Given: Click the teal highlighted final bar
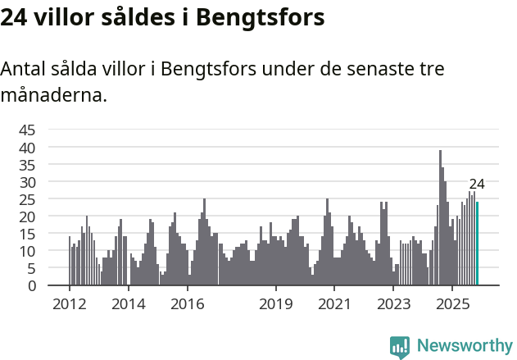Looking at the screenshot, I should pyautogui.click(x=477, y=244).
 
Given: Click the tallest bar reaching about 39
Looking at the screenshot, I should pyautogui.click(x=440, y=218).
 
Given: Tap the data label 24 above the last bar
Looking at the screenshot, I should pyautogui.click(x=477, y=184).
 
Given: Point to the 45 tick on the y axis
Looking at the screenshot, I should pyautogui.click(x=27, y=130).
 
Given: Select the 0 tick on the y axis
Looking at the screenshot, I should pyautogui.click(x=31, y=285).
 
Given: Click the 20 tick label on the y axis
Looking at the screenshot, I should pyautogui.click(x=27, y=216).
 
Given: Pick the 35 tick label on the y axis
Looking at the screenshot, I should pyautogui.click(x=27, y=164).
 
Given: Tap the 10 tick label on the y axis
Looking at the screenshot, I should pyautogui.click(x=27, y=251).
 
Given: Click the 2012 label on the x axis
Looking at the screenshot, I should pyautogui.click(x=69, y=304).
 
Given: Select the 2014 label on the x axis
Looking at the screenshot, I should pyautogui.click(x=128, y=304).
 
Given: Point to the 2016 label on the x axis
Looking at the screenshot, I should pyautogui.click(x=188, y=304).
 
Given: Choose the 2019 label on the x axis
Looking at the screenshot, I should pyautogui.click(x=276, y=304).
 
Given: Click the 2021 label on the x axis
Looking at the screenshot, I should pyautogui.click(x=335, y=304).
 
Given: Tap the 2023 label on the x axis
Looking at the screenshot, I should pyautogui.click(x=393, y=304).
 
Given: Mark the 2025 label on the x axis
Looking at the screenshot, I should pyautogui.click(x=452, y=304).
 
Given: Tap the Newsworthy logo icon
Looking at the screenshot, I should pyautogui.click(x=400, y=347).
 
